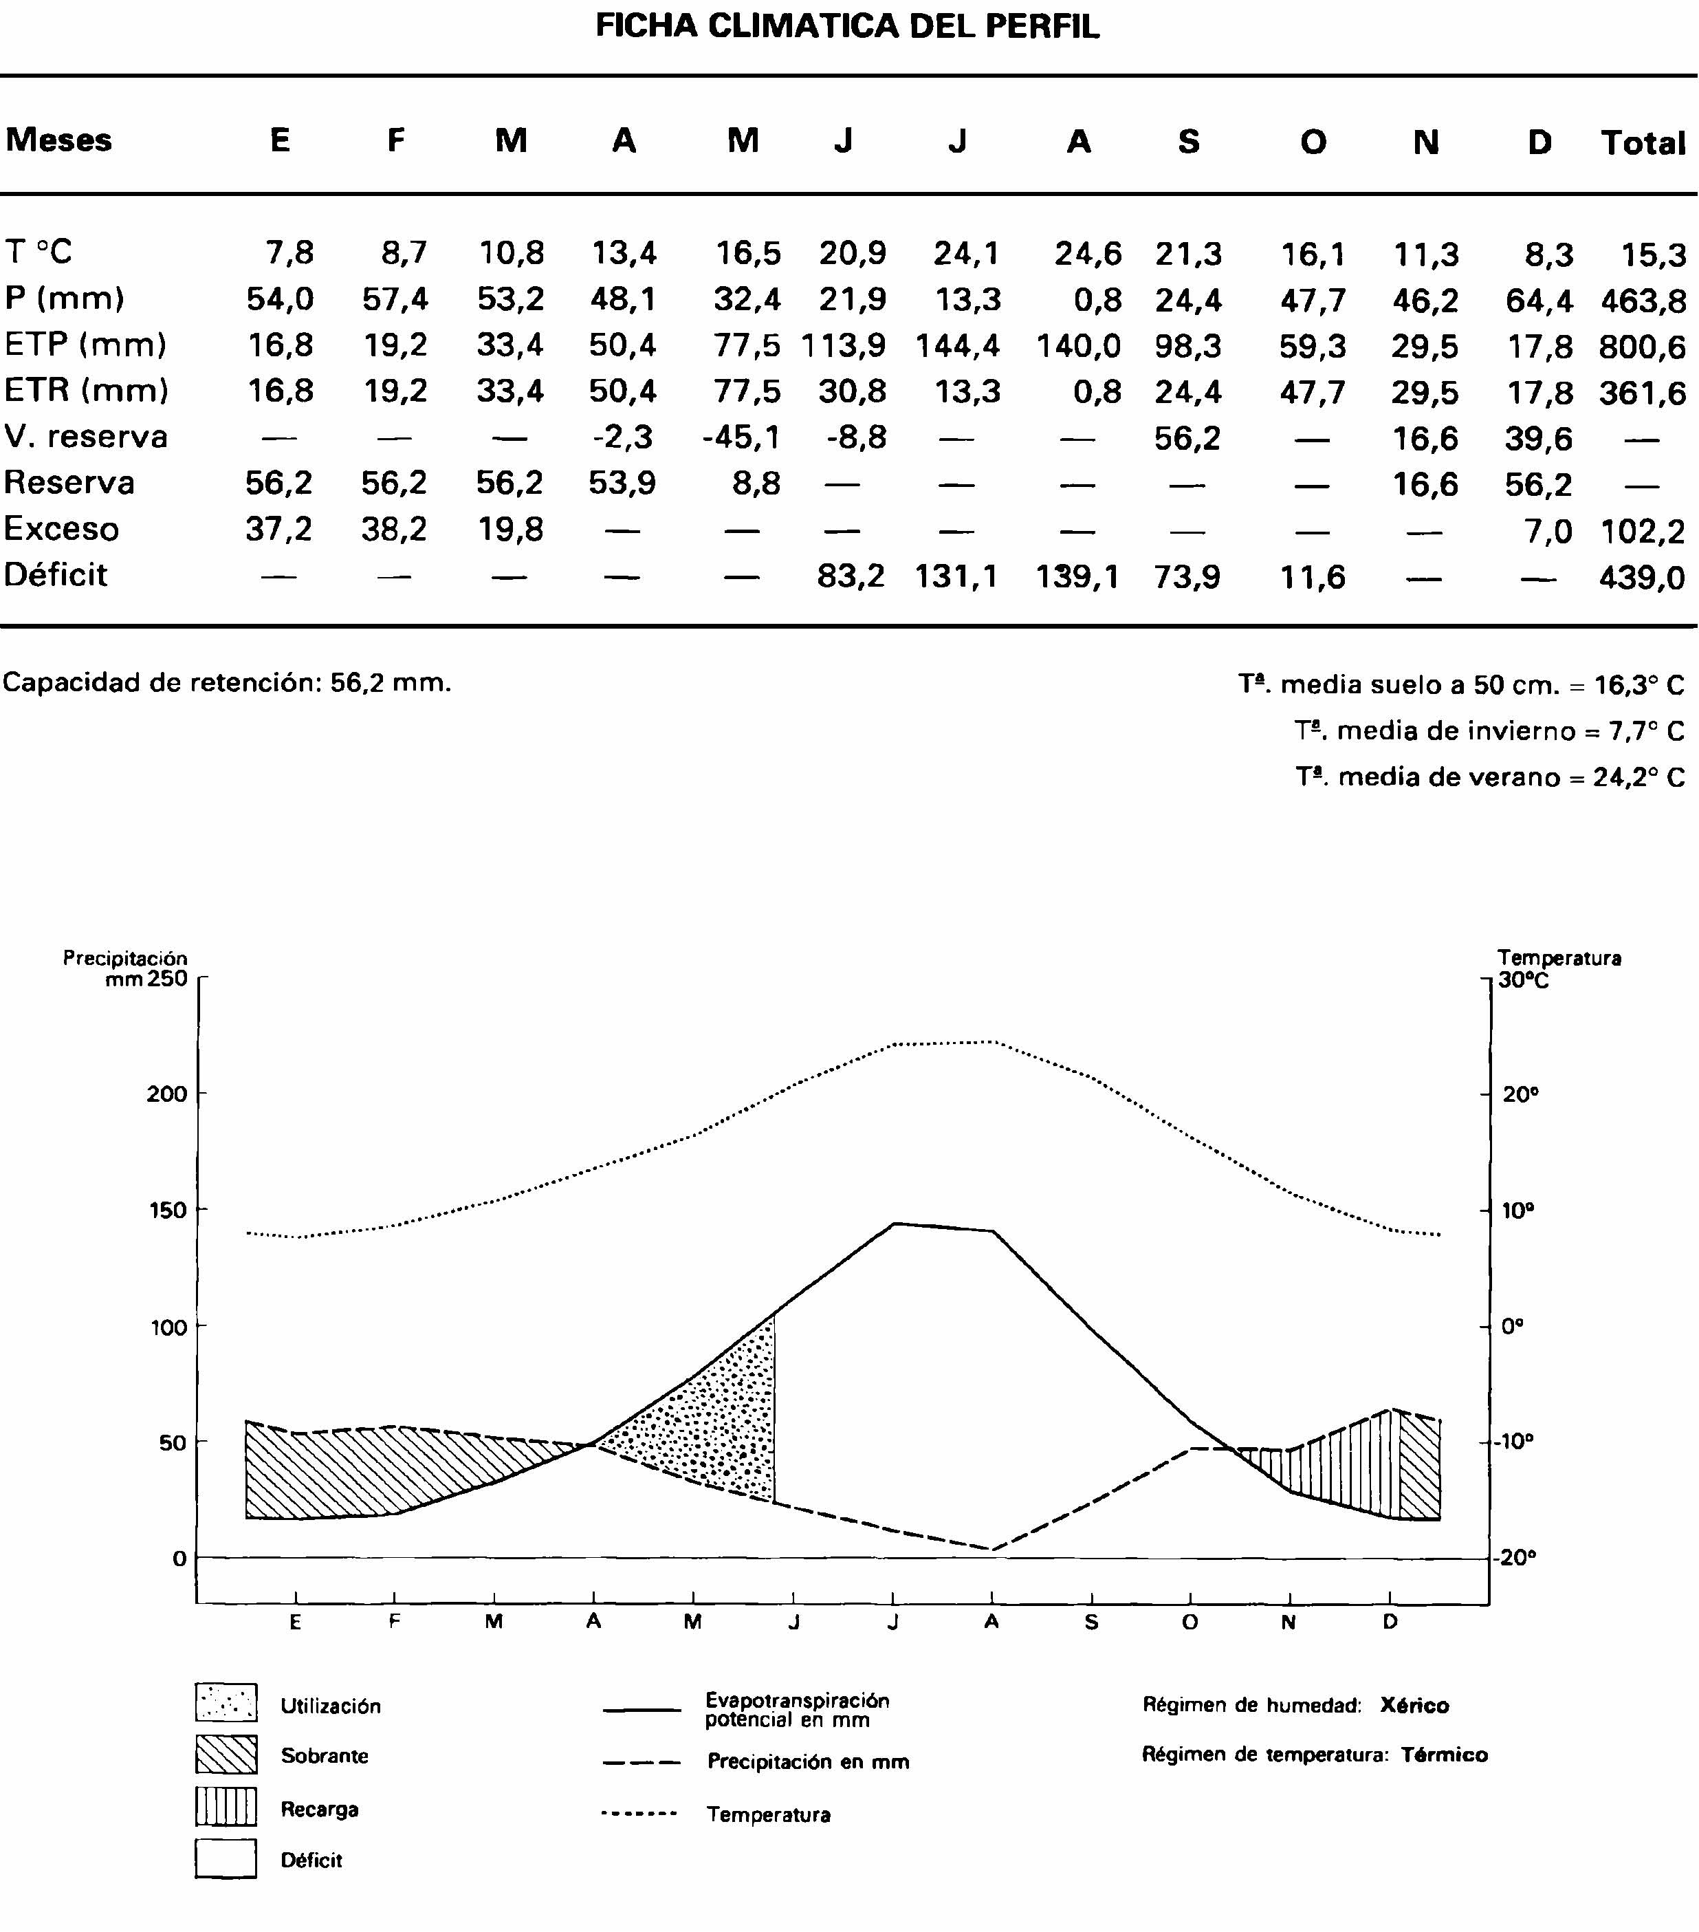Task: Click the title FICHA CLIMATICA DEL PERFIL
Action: [848, 25]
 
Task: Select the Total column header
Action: [1643, 143]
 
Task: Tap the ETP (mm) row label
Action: [85, 344]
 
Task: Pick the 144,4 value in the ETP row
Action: [957, 346]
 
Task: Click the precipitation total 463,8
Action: [1643, 301]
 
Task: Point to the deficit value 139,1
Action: [1077, 576]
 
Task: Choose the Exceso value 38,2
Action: [393, 530]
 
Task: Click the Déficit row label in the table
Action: [56, 575]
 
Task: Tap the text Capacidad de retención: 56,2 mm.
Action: [227, 682]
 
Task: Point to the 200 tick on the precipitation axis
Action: [166, 1094]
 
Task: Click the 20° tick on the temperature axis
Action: [1520, 1094]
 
